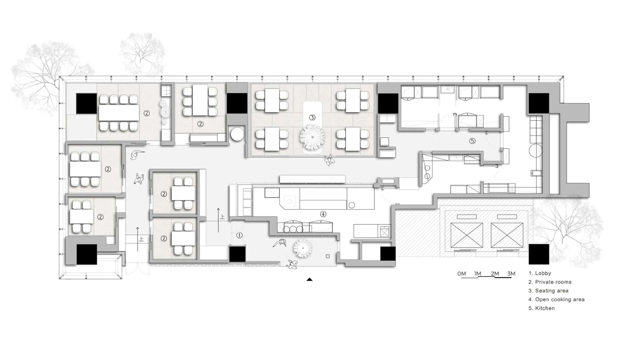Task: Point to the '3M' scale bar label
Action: click(511, 274)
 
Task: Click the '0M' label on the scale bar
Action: click(462, 274)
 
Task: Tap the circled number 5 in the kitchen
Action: click(472, 141)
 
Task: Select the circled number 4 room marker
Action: click(323, 214)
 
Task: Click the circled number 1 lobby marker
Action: click(239, 235)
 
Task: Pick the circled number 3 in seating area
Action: click(312, 117)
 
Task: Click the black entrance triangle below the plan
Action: click(309, 280)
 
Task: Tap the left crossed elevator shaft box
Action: click(466, 235)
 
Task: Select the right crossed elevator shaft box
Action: click(507, 235)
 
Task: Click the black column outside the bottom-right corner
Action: click(539, 254)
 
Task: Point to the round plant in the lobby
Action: click(303, 248)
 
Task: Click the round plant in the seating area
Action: click(312, 137)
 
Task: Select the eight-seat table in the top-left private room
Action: click(119, 113)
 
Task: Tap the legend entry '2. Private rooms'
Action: click(550, 282)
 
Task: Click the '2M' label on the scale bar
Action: click(495, 274)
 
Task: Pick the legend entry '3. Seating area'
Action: click(548, 291)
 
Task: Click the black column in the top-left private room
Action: click(87, 104)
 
